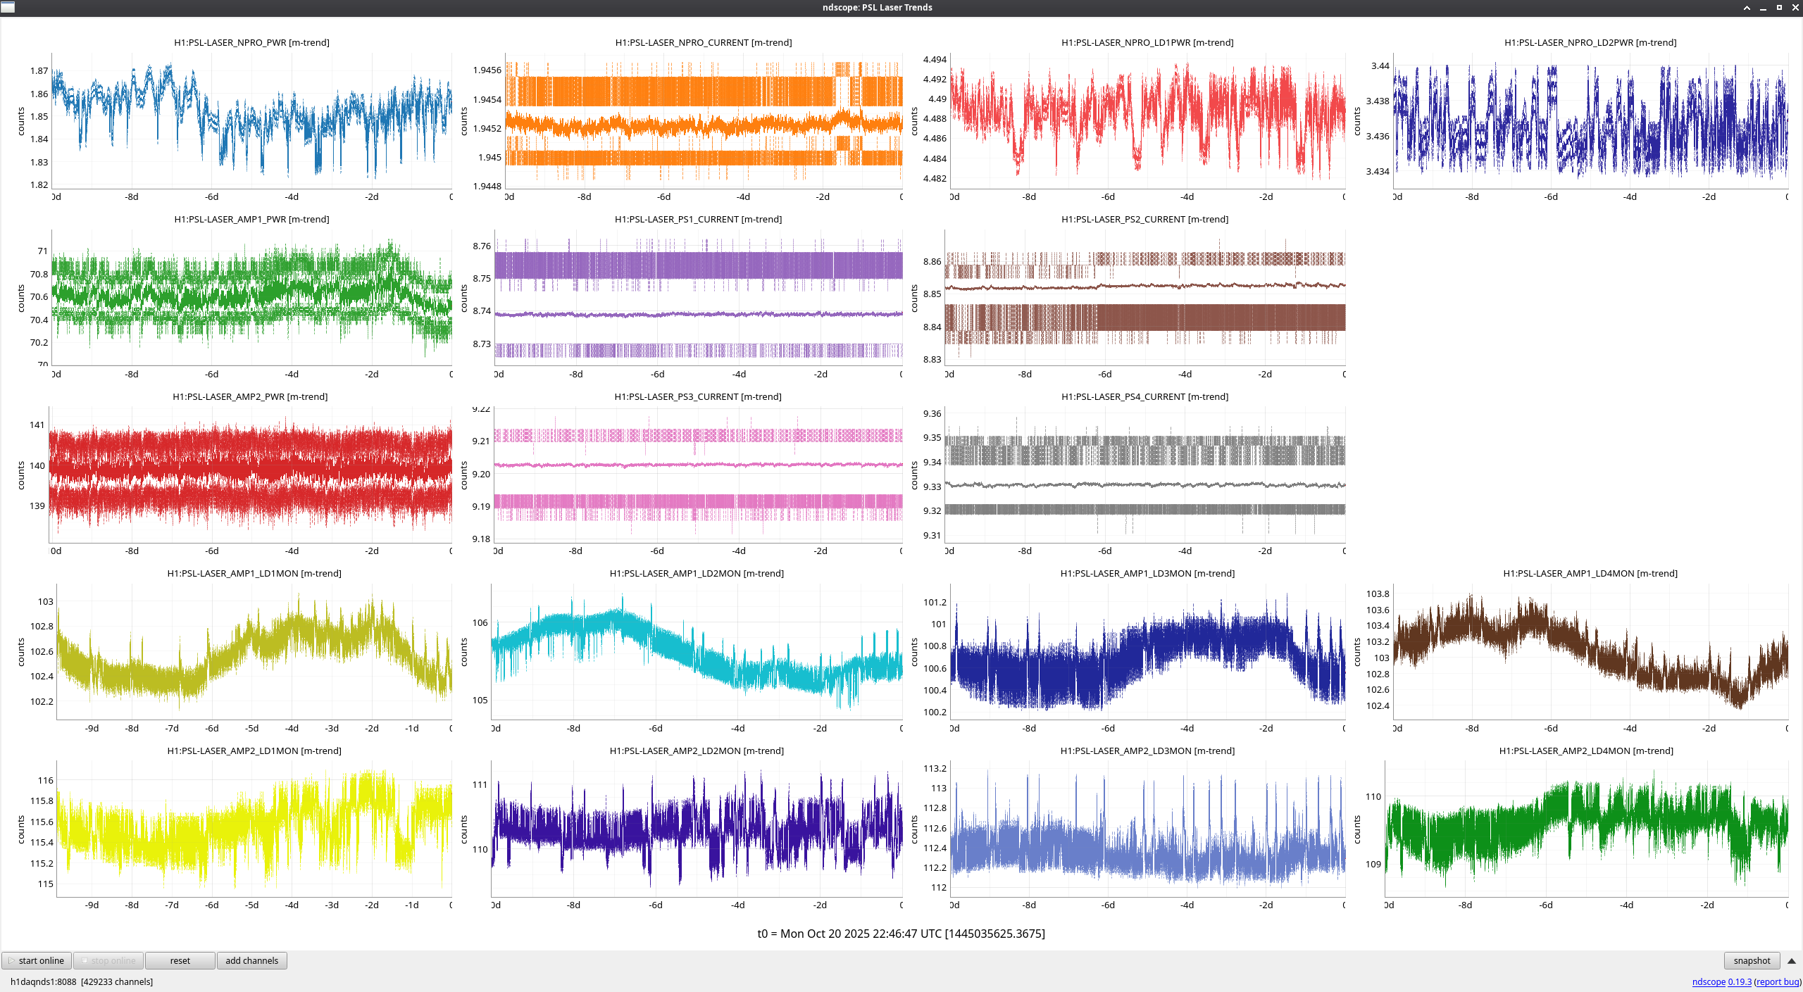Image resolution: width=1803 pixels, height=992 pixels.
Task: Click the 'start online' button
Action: [37, 960]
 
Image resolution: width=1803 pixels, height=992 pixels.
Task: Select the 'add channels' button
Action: [251, 960]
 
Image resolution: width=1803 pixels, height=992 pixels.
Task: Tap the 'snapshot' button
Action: [1752, 960]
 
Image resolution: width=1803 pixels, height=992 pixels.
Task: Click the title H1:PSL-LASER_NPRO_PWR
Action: [251, 43]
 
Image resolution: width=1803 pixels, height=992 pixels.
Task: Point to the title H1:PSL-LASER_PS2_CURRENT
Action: [1144, 220]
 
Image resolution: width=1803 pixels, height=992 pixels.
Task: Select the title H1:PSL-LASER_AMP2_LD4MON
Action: [1586, 751]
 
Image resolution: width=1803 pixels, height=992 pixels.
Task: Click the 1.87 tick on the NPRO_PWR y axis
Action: [39, 71]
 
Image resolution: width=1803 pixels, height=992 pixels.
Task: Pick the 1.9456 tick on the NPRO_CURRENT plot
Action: [487, 70]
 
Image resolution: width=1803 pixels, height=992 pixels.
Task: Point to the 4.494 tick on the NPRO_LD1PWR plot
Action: [935, 60]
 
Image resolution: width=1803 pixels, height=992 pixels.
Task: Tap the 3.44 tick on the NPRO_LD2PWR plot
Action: [1380, 66]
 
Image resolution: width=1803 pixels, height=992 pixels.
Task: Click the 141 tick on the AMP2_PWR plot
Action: [37, 425]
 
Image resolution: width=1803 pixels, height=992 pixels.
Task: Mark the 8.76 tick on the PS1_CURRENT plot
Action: [482, 246]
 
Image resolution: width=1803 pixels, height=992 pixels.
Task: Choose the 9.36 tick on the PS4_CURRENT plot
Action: [932, 414]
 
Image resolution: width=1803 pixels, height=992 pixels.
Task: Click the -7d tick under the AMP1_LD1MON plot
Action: [172, 729]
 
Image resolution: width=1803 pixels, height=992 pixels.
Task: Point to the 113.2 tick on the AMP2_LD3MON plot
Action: [935, 769]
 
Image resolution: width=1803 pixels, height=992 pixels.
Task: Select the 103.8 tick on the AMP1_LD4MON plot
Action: [1378, 594]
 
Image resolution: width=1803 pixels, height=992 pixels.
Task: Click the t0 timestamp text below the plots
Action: [901, 934]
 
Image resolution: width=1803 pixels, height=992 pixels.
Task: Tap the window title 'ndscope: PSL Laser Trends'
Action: [877, 8]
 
